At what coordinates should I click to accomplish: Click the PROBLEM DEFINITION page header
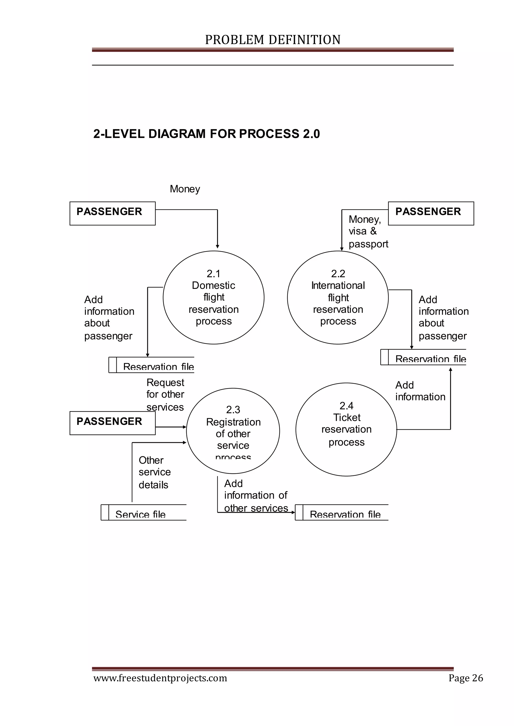pos(273,40)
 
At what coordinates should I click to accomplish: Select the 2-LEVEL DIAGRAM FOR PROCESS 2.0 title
pos(206,134)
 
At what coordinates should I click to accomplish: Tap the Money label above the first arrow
pos(185,189)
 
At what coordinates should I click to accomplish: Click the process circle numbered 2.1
pos(214,297)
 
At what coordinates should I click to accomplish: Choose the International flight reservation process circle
pos(338,297)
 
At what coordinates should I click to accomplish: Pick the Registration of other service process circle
pos(233,431)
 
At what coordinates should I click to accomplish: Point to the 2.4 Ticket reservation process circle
pos(346,429)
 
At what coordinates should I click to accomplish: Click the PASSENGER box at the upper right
pos(431,213)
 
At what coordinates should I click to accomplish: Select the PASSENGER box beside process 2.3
pos(112,423)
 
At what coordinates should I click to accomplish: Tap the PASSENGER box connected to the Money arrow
pos(112,213)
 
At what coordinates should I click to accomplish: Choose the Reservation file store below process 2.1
pos(151,365)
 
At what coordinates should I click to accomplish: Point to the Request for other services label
pos(165,394)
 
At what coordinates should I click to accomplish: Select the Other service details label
pos(154,472)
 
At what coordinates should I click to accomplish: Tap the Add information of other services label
pos(256,495)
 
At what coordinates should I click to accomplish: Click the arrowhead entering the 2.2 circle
pos(342,249)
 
